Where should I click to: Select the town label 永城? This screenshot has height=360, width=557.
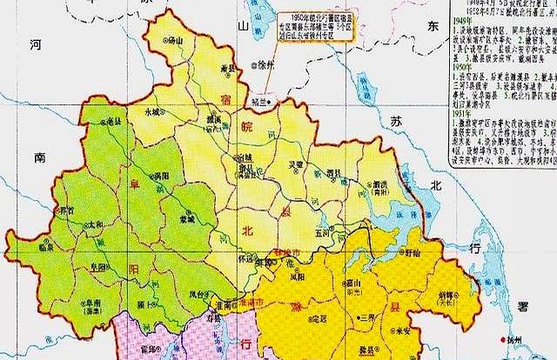click(152, 111)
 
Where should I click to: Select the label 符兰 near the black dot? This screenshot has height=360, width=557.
click(256, 102)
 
